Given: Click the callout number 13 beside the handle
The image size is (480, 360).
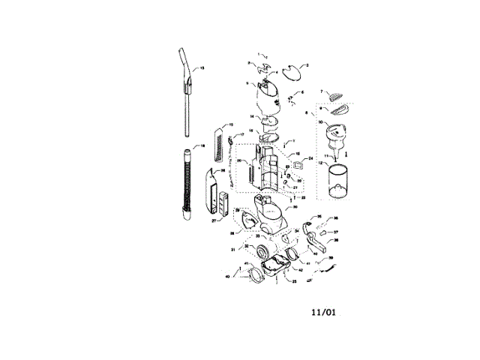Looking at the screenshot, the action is click(200, 68).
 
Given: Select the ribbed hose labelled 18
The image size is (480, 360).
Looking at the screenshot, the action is click(184, 184).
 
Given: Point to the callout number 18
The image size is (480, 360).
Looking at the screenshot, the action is click(200, 145).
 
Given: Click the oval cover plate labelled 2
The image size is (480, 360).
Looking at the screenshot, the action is click(298, 73).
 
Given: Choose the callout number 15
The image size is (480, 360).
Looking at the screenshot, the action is click(230, 124).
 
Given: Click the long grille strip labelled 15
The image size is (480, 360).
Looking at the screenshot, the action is click(218, 145).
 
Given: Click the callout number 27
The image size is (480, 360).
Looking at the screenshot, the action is click(213, 221).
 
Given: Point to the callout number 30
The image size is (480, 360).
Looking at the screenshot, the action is click(295, 207).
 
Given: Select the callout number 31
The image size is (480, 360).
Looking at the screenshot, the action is click(232, 250).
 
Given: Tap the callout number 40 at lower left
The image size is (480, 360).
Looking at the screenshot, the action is click(227, 277).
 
